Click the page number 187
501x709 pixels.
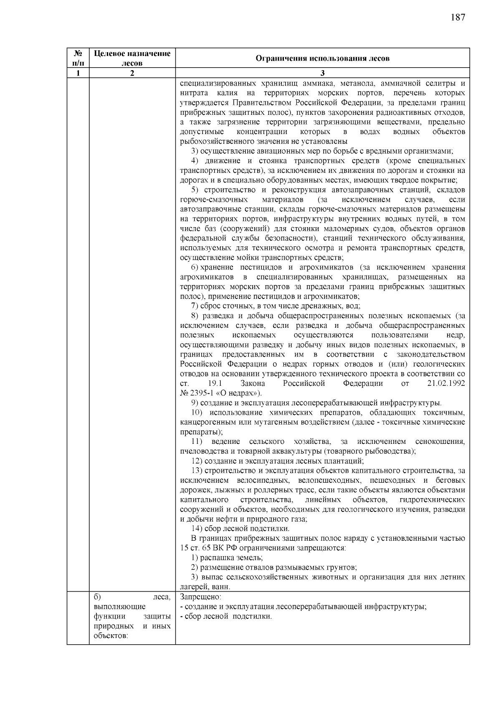pos(458,18)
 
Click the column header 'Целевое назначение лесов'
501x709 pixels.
pos(132,58)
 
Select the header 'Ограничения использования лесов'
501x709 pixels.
pos(322,58)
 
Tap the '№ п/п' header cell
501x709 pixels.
pos(78,58)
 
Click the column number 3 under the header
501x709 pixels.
pos(322,73)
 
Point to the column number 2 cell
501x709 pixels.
pos(132,73)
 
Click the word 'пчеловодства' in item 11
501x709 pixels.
pos(200,451)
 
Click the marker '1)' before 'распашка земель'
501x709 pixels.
pos(195,558)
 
